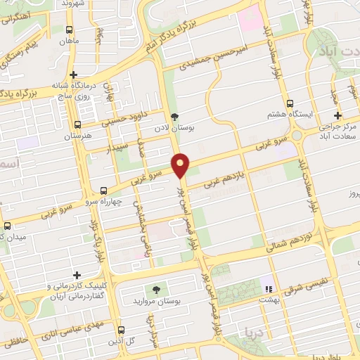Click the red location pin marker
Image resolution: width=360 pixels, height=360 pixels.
click(x=181, y=165)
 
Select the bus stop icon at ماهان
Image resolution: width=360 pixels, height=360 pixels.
click(x=70, y=30)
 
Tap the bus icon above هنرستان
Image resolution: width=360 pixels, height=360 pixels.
click(x=77, y=125)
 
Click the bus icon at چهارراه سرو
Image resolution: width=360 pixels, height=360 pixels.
click(x=105, y=191)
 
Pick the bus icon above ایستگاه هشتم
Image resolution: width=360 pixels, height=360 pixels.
click(x=289, y=103)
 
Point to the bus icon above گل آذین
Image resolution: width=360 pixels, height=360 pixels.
click(x=122, y=329)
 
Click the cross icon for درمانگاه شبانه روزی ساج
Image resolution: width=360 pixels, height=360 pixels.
click(x=72, y=75)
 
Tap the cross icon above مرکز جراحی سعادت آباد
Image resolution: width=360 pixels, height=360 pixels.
click(x=337, y=116)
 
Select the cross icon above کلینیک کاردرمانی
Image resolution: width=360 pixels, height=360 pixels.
click(x=76, y=275)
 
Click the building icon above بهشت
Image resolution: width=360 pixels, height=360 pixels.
click(x=267, y=288)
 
